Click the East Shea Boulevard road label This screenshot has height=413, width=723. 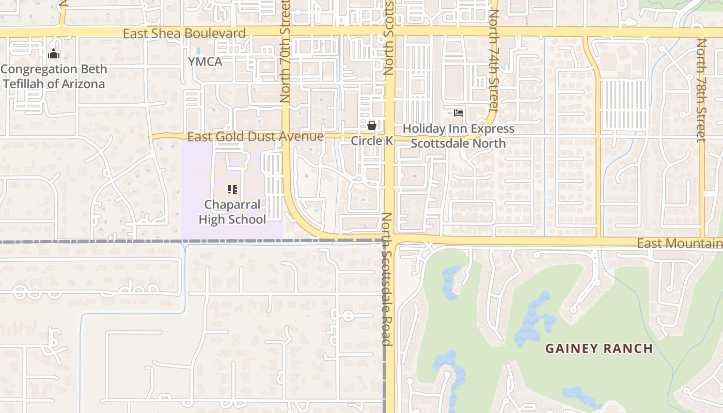click(x=184, y=34)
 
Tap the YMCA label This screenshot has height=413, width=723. click(x=205, y=62)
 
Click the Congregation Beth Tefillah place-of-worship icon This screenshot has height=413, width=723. click(x=53, y=54)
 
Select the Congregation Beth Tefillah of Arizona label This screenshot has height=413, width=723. click(x=54, y=76)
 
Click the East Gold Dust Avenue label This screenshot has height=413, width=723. click(x=255, y=137)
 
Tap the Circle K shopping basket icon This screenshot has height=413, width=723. click(x=371, y=125)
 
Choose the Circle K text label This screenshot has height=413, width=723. click(x=372, y=141)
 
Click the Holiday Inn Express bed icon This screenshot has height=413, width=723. click(x=458, y=113)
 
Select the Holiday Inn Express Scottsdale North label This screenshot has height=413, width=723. click(x=459, y=136)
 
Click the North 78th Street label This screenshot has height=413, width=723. click(x=701, y=90)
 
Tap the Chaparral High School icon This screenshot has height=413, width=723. click(x=232, y=189)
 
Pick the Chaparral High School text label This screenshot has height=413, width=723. click(x=232, y=212)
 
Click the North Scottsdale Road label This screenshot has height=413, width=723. click(x=386, y=279)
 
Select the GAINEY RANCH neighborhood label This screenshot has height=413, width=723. click(x=599, y=348)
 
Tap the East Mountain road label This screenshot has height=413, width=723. click(x=679, y=244)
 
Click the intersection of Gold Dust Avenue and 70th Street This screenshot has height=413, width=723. click(x=286, y=137)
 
